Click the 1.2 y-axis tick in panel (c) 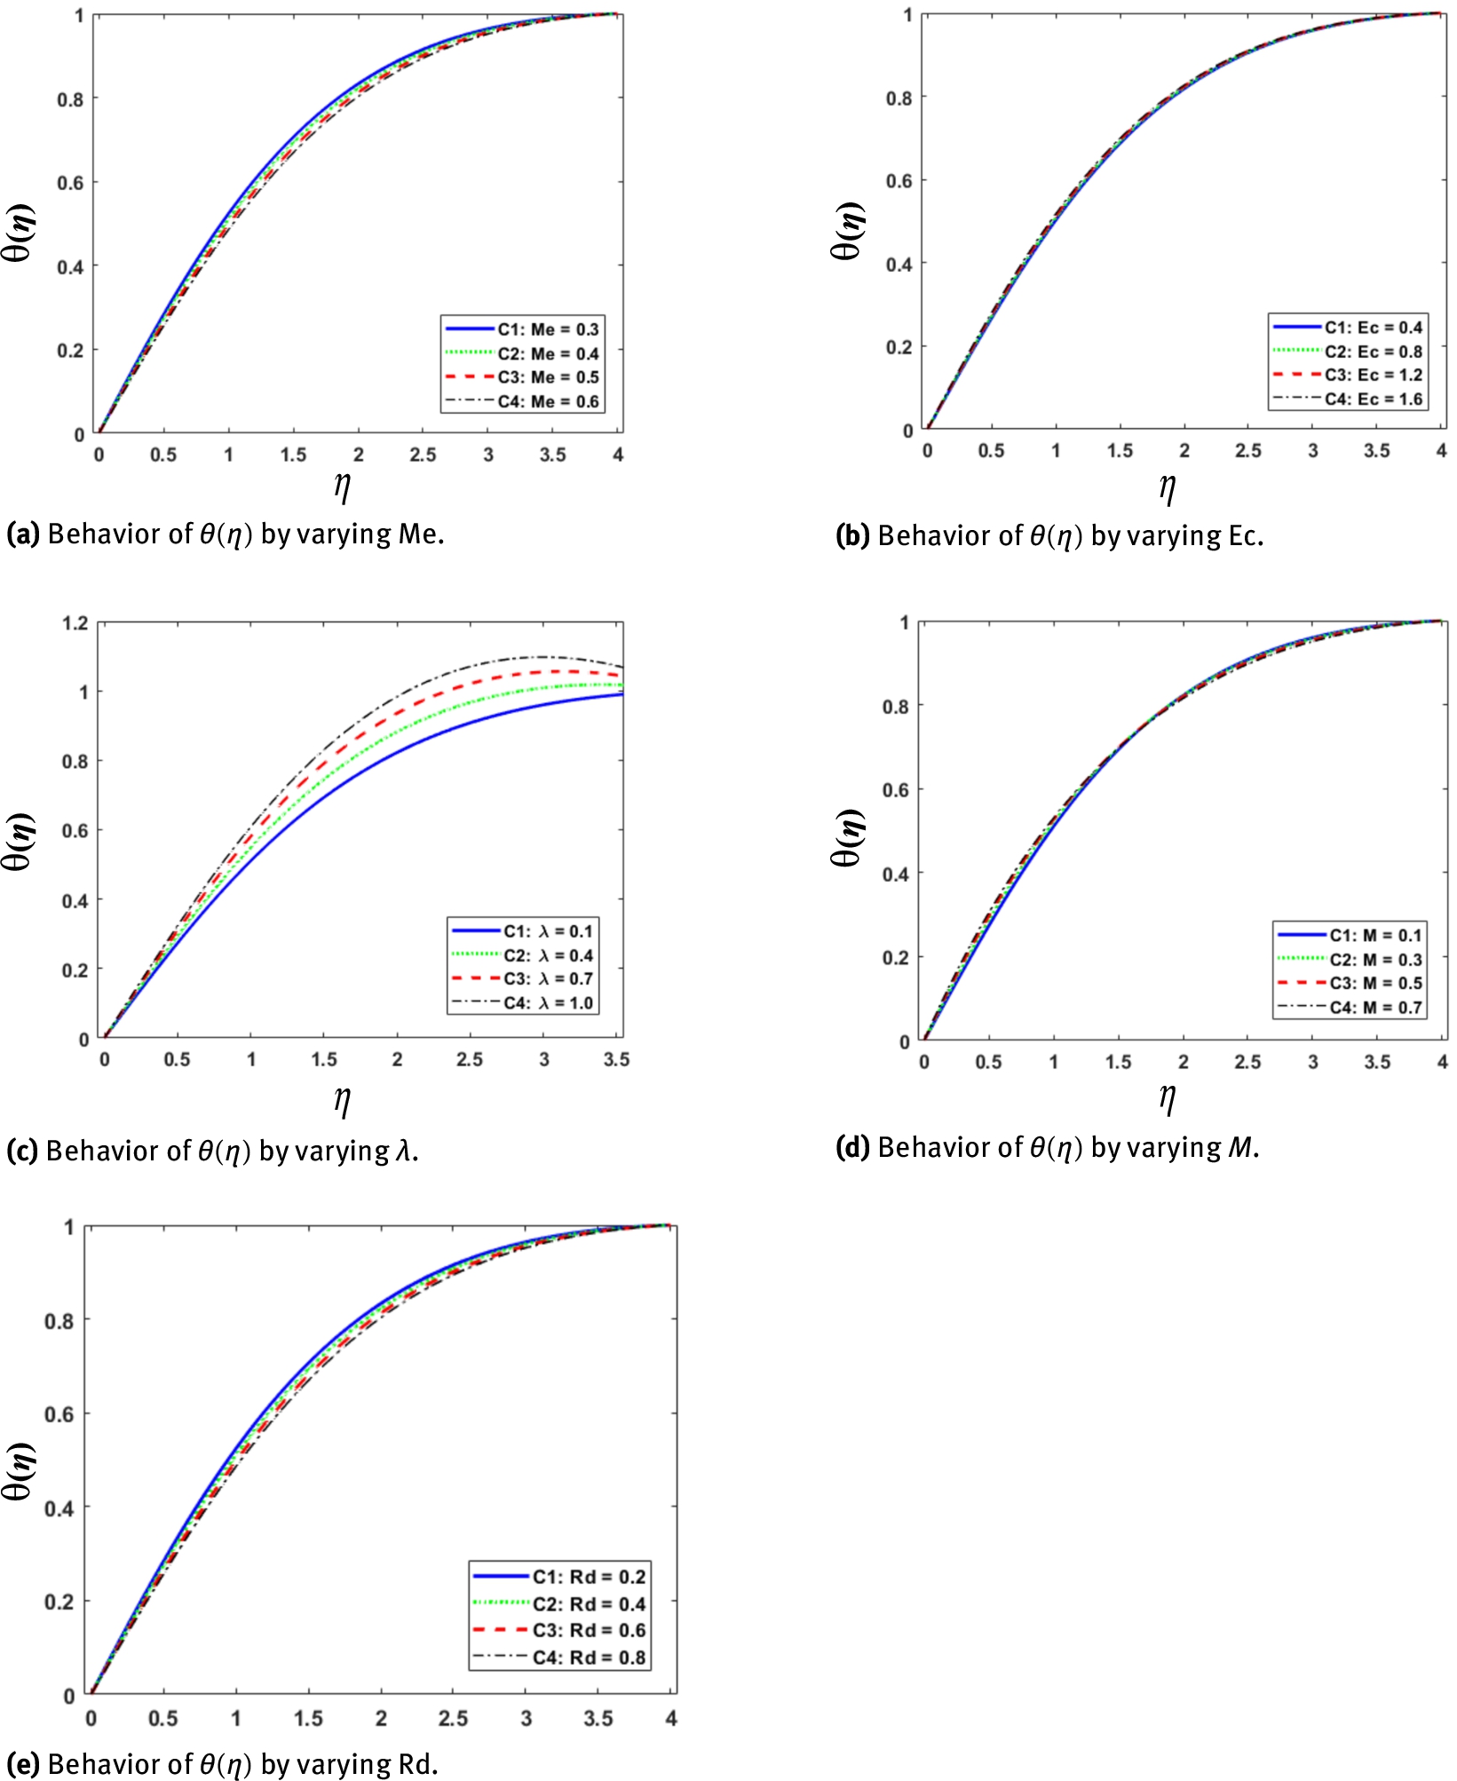tap(75, 622)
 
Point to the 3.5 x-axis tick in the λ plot tap(616, 1059)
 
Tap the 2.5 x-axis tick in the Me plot tap(423, 455)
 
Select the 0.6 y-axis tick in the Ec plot tap(899, 181)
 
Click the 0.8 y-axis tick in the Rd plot tap(59, 1321)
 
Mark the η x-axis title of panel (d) tap(1168, 1097)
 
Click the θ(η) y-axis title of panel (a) tap(20, 233)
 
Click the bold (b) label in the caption tap(852, 536)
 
